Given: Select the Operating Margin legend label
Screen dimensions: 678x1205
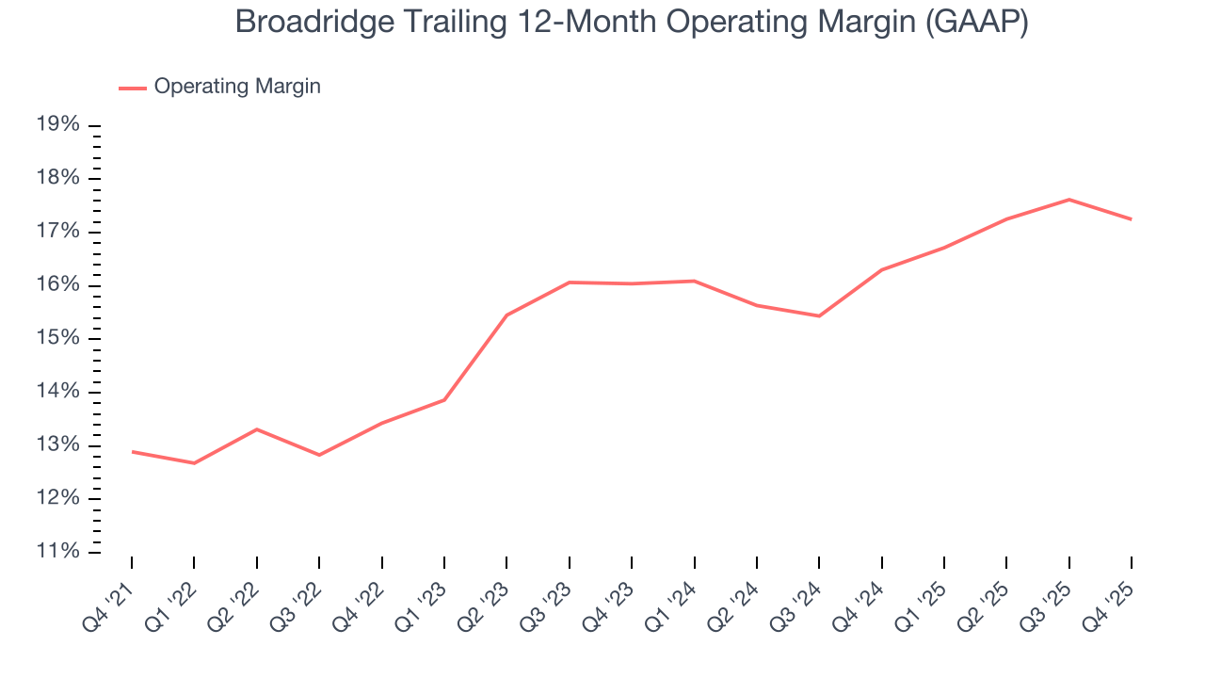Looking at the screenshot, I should tap(237, 87).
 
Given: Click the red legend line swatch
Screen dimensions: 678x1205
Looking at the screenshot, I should tap(133, 88).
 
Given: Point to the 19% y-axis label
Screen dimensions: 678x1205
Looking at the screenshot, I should tap(58, 125).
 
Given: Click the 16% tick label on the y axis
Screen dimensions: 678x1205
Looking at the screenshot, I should tap(58, 285).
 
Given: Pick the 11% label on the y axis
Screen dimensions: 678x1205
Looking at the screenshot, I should tap(58, 551).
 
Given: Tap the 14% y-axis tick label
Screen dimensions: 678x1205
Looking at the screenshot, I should tap(58, 392).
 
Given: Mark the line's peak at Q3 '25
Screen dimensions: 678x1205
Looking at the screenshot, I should tap(1068, 200).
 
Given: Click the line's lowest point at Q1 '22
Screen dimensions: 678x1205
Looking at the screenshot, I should tap(194, 463).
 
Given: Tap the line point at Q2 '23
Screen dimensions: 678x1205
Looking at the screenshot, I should tap(506, 315).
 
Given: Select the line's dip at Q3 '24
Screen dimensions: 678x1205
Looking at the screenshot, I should tap(819, 315).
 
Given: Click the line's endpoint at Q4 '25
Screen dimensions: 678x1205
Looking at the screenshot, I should tap(1131, 219).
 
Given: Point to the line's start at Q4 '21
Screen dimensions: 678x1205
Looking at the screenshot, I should tap(132, 452).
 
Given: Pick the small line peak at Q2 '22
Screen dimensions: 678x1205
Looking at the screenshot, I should tap(257, 429).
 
